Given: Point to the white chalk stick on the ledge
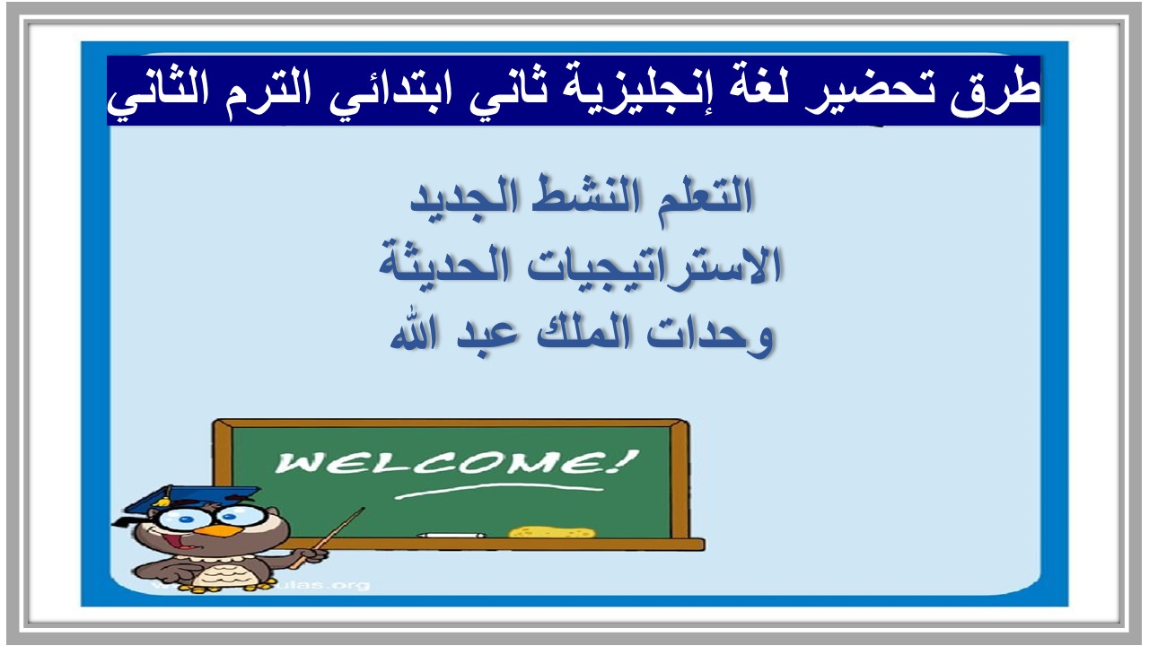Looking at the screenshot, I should pyautogui.click(x=452, y=536).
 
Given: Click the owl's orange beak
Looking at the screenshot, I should pyautogui.click(x=214, y=531).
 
